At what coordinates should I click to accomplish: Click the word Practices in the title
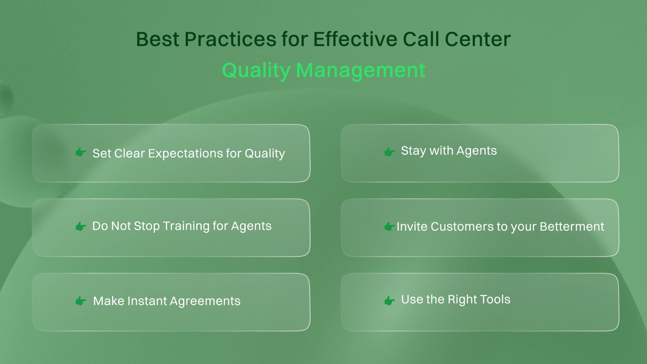230,39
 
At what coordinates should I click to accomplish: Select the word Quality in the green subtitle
256,71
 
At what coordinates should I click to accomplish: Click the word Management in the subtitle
360,71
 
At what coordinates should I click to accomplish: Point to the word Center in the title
478,39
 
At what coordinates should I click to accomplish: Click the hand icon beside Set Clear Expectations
80,152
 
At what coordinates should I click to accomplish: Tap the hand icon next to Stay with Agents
389,151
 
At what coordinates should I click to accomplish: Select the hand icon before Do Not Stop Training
80,226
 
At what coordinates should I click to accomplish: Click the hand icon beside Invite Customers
389,226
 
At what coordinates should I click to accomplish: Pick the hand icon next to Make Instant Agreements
80,301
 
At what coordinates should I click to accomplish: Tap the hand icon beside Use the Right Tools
389,300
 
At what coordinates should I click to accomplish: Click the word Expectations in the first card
188,154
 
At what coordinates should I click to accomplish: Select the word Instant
144,301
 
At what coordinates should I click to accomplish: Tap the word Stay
413,151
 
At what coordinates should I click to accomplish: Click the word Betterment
572,227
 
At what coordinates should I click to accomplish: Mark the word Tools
495,299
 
